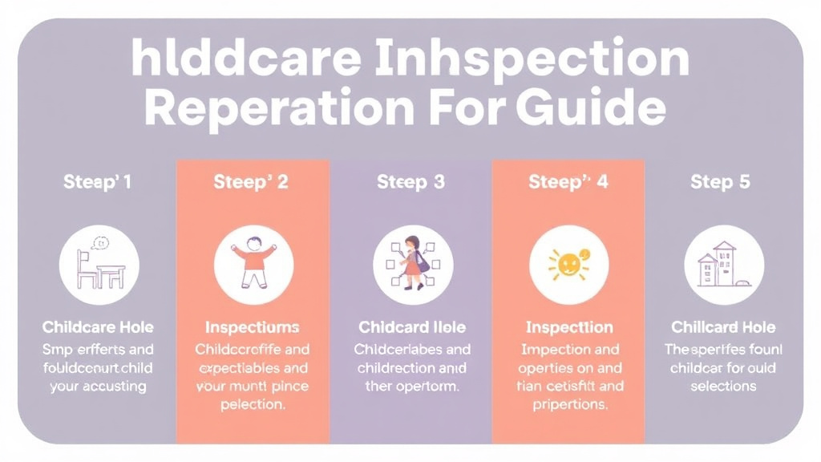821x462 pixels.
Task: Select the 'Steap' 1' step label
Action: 98,182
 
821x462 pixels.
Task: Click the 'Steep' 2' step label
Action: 251,182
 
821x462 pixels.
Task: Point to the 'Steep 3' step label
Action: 410,182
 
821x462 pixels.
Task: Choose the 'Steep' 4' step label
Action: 568,182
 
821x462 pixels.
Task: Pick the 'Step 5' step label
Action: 720,182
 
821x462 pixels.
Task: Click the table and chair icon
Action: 99,265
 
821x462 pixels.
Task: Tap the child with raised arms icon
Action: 253,265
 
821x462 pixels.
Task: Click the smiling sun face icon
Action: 568,265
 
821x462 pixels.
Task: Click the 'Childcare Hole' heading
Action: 98,327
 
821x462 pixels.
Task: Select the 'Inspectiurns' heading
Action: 252,327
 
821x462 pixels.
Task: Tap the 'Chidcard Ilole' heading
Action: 412,327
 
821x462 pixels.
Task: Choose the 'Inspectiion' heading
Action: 568,327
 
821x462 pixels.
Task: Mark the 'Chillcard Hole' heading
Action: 722,327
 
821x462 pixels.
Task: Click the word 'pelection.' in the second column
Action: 252,405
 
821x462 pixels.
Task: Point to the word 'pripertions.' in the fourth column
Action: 569,405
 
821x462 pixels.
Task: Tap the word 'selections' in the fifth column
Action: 722,386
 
